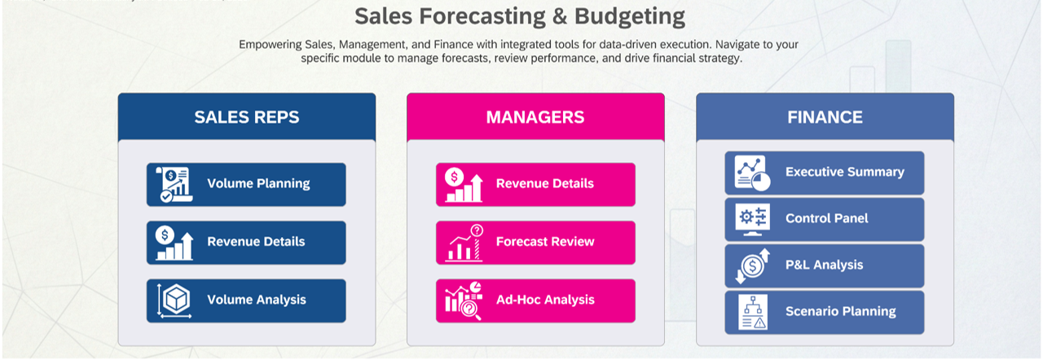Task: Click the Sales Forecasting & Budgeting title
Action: click(x=520, y=15)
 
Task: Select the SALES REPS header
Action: click(x=246, y=116)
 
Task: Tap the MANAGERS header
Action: click(x=535, y=116)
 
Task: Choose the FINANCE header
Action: click(x=825, y=116)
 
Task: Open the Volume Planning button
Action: click(x=246, y=184)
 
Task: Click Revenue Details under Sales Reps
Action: click(x=246, y=242)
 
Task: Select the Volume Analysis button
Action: click(x=246, y=301)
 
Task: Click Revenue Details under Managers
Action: click(x=535, y=184)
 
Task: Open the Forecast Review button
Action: click(x=535, y=242)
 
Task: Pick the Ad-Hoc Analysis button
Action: click(x=535, y=301)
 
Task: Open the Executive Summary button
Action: click(x=825, y=173)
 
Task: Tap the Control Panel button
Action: click(x=825, y=219)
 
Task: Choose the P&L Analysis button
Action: click(x=825, y=266)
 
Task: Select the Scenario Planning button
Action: click(x=825, y=312)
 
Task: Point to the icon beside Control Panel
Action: click(x=751, y=218)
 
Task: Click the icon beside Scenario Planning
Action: click(x=751, y=312)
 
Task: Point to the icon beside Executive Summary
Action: click(x=751, y=173)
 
